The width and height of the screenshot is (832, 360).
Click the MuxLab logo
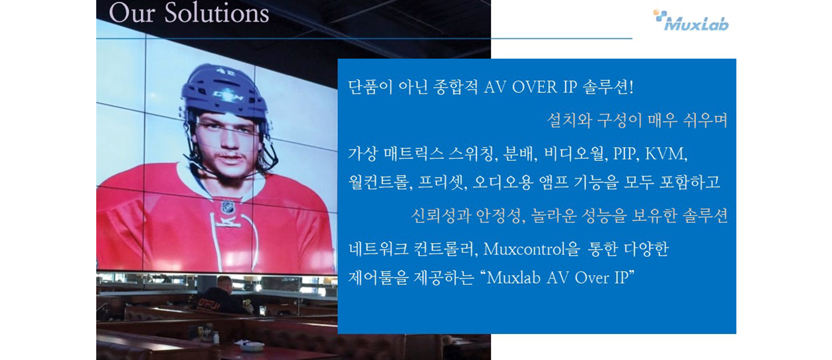pyautogui.click(x=691, y=20)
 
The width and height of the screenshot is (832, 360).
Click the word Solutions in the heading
pyautogui.click(x=217, y=13)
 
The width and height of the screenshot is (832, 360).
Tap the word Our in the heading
pyautogui.click(x=132, y=14)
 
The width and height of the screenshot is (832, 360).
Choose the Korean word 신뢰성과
pyautogui.click(x=441, y=215)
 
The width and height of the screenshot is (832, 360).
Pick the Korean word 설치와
pyautogui.click(x=569, y=120)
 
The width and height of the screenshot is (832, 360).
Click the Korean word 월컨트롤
pyautogui.click(x=381, y=182)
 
